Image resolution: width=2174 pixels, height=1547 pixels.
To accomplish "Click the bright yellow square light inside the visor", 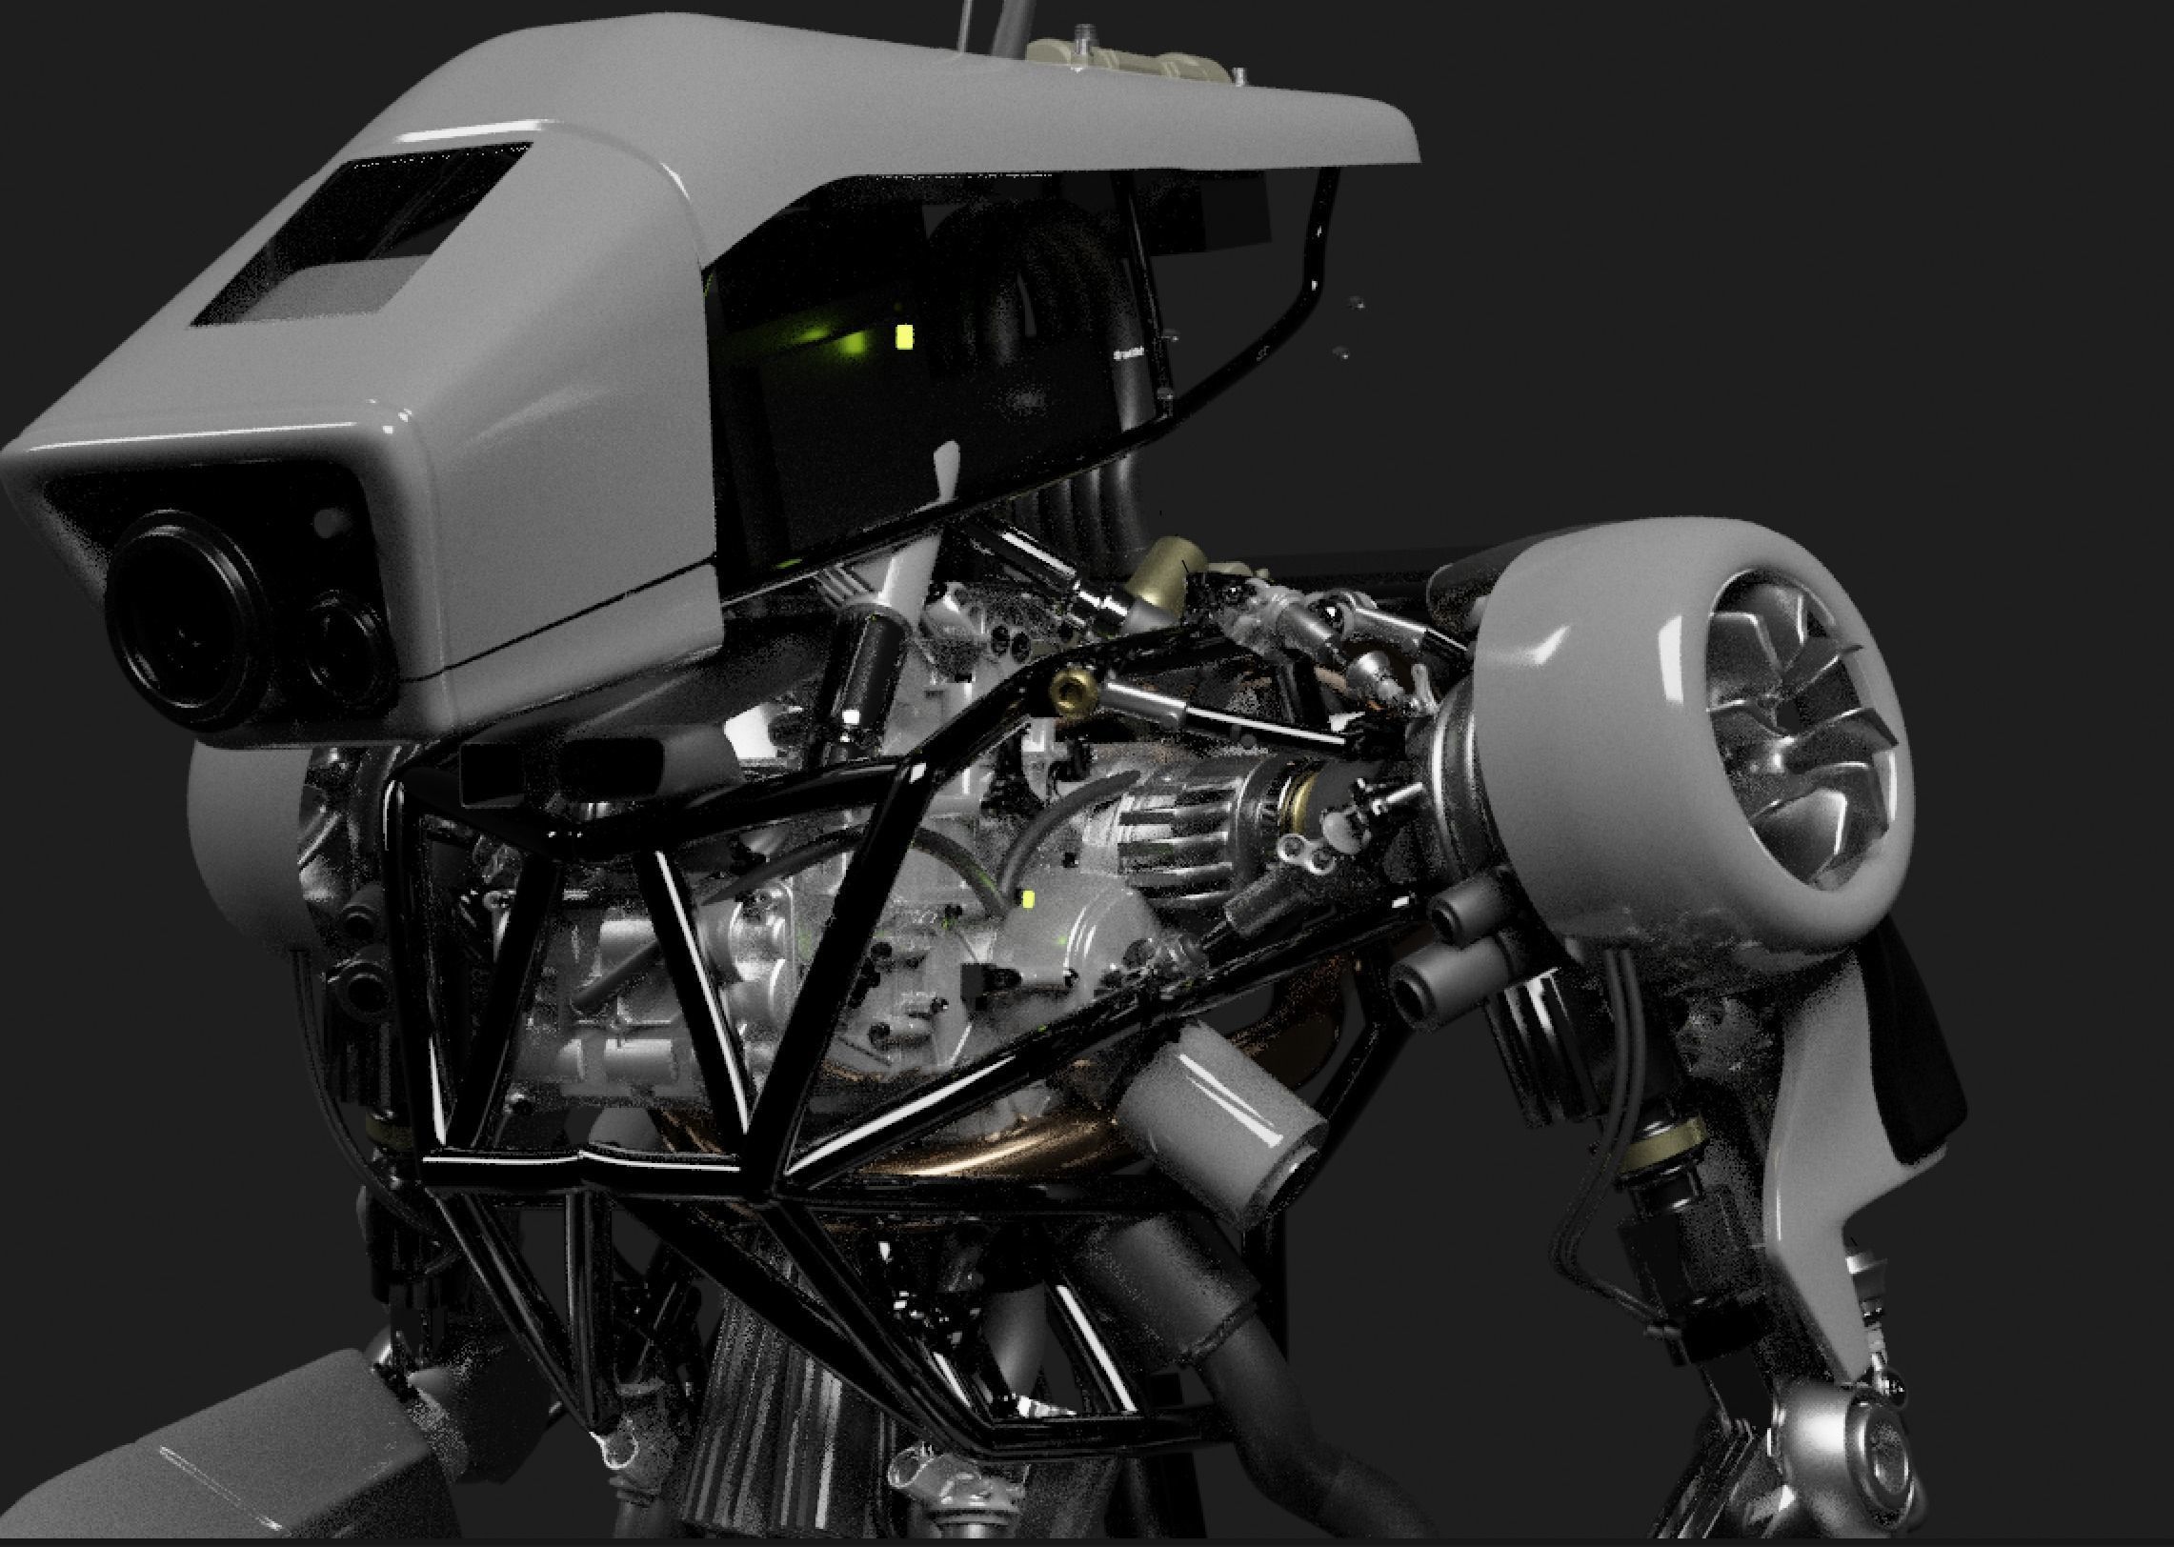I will point(903,334).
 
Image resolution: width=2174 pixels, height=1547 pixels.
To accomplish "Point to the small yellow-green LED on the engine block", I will point(1028,898).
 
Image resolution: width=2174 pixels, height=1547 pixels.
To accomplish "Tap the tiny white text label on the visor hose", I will point(1129,354).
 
